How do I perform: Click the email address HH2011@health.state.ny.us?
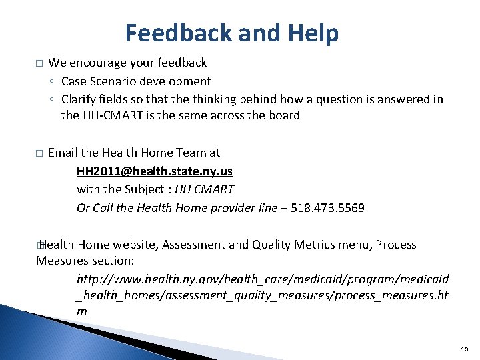[154, 171]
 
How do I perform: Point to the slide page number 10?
[464, 349]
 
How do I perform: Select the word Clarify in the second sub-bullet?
[79, 99]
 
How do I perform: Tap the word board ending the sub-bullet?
[284, 115]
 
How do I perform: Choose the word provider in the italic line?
[233, 207]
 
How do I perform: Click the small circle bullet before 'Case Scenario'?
[52, 82]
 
